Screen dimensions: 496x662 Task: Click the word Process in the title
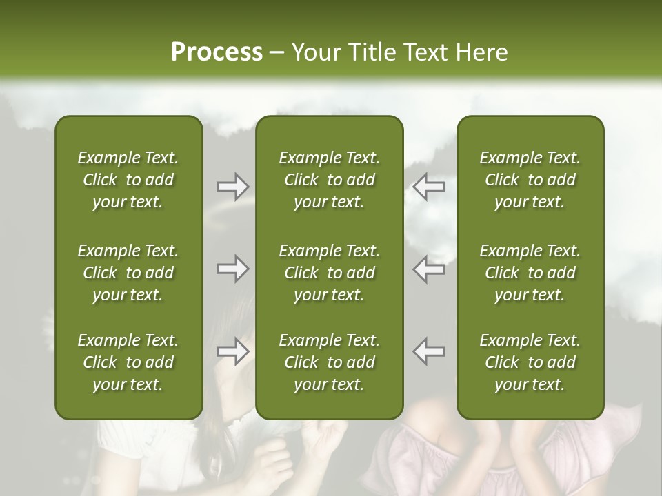point(217,52)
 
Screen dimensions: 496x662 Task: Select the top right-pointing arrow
point(232,186)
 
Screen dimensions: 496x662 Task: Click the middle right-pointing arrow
point(232,269)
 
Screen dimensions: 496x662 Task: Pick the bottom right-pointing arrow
point(232,351)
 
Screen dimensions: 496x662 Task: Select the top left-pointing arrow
point(428,186)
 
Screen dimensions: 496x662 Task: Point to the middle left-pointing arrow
point(428,269)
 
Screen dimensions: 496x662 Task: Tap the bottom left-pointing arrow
point(428,351)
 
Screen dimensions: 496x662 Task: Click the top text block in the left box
point(128,180)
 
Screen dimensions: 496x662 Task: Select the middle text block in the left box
point(128,273)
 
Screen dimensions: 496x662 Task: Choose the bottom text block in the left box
point(128,362)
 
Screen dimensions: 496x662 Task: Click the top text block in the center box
point(329,180)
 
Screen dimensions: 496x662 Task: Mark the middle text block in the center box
point(329,273)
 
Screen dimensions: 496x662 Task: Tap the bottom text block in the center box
point(329,362)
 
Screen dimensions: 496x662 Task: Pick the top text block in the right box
point(530,180)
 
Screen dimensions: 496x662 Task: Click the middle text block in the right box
point(530,273)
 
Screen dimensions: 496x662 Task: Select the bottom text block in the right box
point(530,362)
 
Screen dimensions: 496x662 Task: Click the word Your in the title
point(314,52)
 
